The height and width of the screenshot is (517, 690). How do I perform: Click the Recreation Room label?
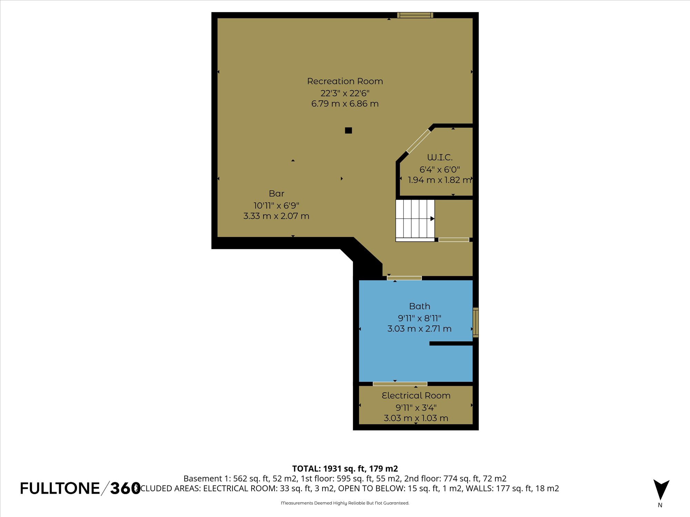[345, 81]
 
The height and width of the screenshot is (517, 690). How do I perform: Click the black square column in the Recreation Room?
[348, 130]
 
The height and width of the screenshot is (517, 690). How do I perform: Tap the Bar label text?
[276, 194]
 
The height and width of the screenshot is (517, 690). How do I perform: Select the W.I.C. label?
[440, 158]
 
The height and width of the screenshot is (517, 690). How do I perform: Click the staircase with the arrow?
[415, 219]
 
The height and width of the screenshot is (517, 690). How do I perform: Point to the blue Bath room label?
[420, 306]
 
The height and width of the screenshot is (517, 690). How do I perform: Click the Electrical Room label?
[416, 396]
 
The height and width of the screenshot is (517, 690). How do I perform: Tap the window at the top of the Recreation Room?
[415, 15]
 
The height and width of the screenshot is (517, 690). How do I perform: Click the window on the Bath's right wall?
[475, 322]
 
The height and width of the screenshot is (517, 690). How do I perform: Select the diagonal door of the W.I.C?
[418, 141]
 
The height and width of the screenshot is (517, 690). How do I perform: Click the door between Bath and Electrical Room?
[400, 384]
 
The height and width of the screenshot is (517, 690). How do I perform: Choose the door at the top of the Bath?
[404, 278]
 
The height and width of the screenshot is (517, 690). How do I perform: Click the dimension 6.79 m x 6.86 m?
[345, 104]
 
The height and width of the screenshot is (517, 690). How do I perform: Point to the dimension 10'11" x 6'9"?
[276, 206]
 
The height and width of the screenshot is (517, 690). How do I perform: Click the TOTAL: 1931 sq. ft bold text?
[345, 469]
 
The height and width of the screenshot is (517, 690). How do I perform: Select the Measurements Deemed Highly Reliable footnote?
[345, 503]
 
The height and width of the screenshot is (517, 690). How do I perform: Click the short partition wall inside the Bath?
[451, 343]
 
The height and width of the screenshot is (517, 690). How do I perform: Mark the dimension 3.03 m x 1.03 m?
[416, 418]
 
